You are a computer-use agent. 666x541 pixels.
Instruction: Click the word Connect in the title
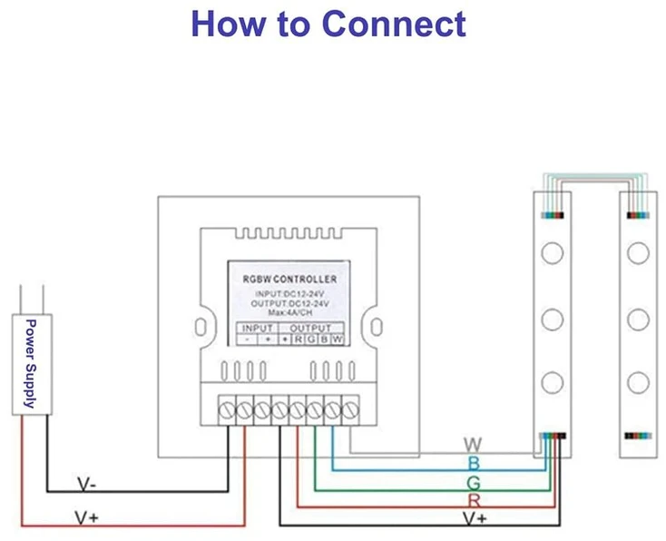click(x=394, y=24)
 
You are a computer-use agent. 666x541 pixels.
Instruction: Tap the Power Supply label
click(x=31, y=363)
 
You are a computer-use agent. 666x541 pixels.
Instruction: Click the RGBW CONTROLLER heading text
click(x=289, y=280)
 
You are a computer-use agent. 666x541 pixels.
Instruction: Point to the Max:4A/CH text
click(x=290, y=313)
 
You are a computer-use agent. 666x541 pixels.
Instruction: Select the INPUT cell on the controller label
click(x=258, y=328)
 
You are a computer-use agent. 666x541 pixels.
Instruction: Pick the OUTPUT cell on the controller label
click(x=310, y=328)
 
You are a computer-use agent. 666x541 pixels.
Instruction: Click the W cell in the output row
click(x=338, y=339)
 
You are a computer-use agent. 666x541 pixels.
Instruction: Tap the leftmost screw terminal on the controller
click(x=227, y=410)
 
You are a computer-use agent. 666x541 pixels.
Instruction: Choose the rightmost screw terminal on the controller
click(x=350, y=410)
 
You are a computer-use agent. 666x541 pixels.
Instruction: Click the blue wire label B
click(x=474, y=463)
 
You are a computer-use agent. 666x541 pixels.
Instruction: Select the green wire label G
click(x=473, y=483)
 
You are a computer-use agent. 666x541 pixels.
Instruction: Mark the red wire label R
click(x=474, y=501)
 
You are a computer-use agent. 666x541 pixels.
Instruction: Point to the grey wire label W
click(x=473, y=445)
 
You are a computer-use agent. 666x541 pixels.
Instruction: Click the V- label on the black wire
click(x=86, y=484)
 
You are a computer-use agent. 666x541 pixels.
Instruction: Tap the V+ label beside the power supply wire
click(x=86, y=517)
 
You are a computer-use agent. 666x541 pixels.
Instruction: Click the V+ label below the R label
click(x=475, y=518)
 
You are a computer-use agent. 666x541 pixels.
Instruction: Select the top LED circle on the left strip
click(x=553, y=253)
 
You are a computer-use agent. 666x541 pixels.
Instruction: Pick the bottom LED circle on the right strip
click(x=638, y=382)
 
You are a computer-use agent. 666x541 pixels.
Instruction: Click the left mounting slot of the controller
click(x=201, y=327)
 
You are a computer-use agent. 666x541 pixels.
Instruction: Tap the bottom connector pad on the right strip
click(x=638, y=436)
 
